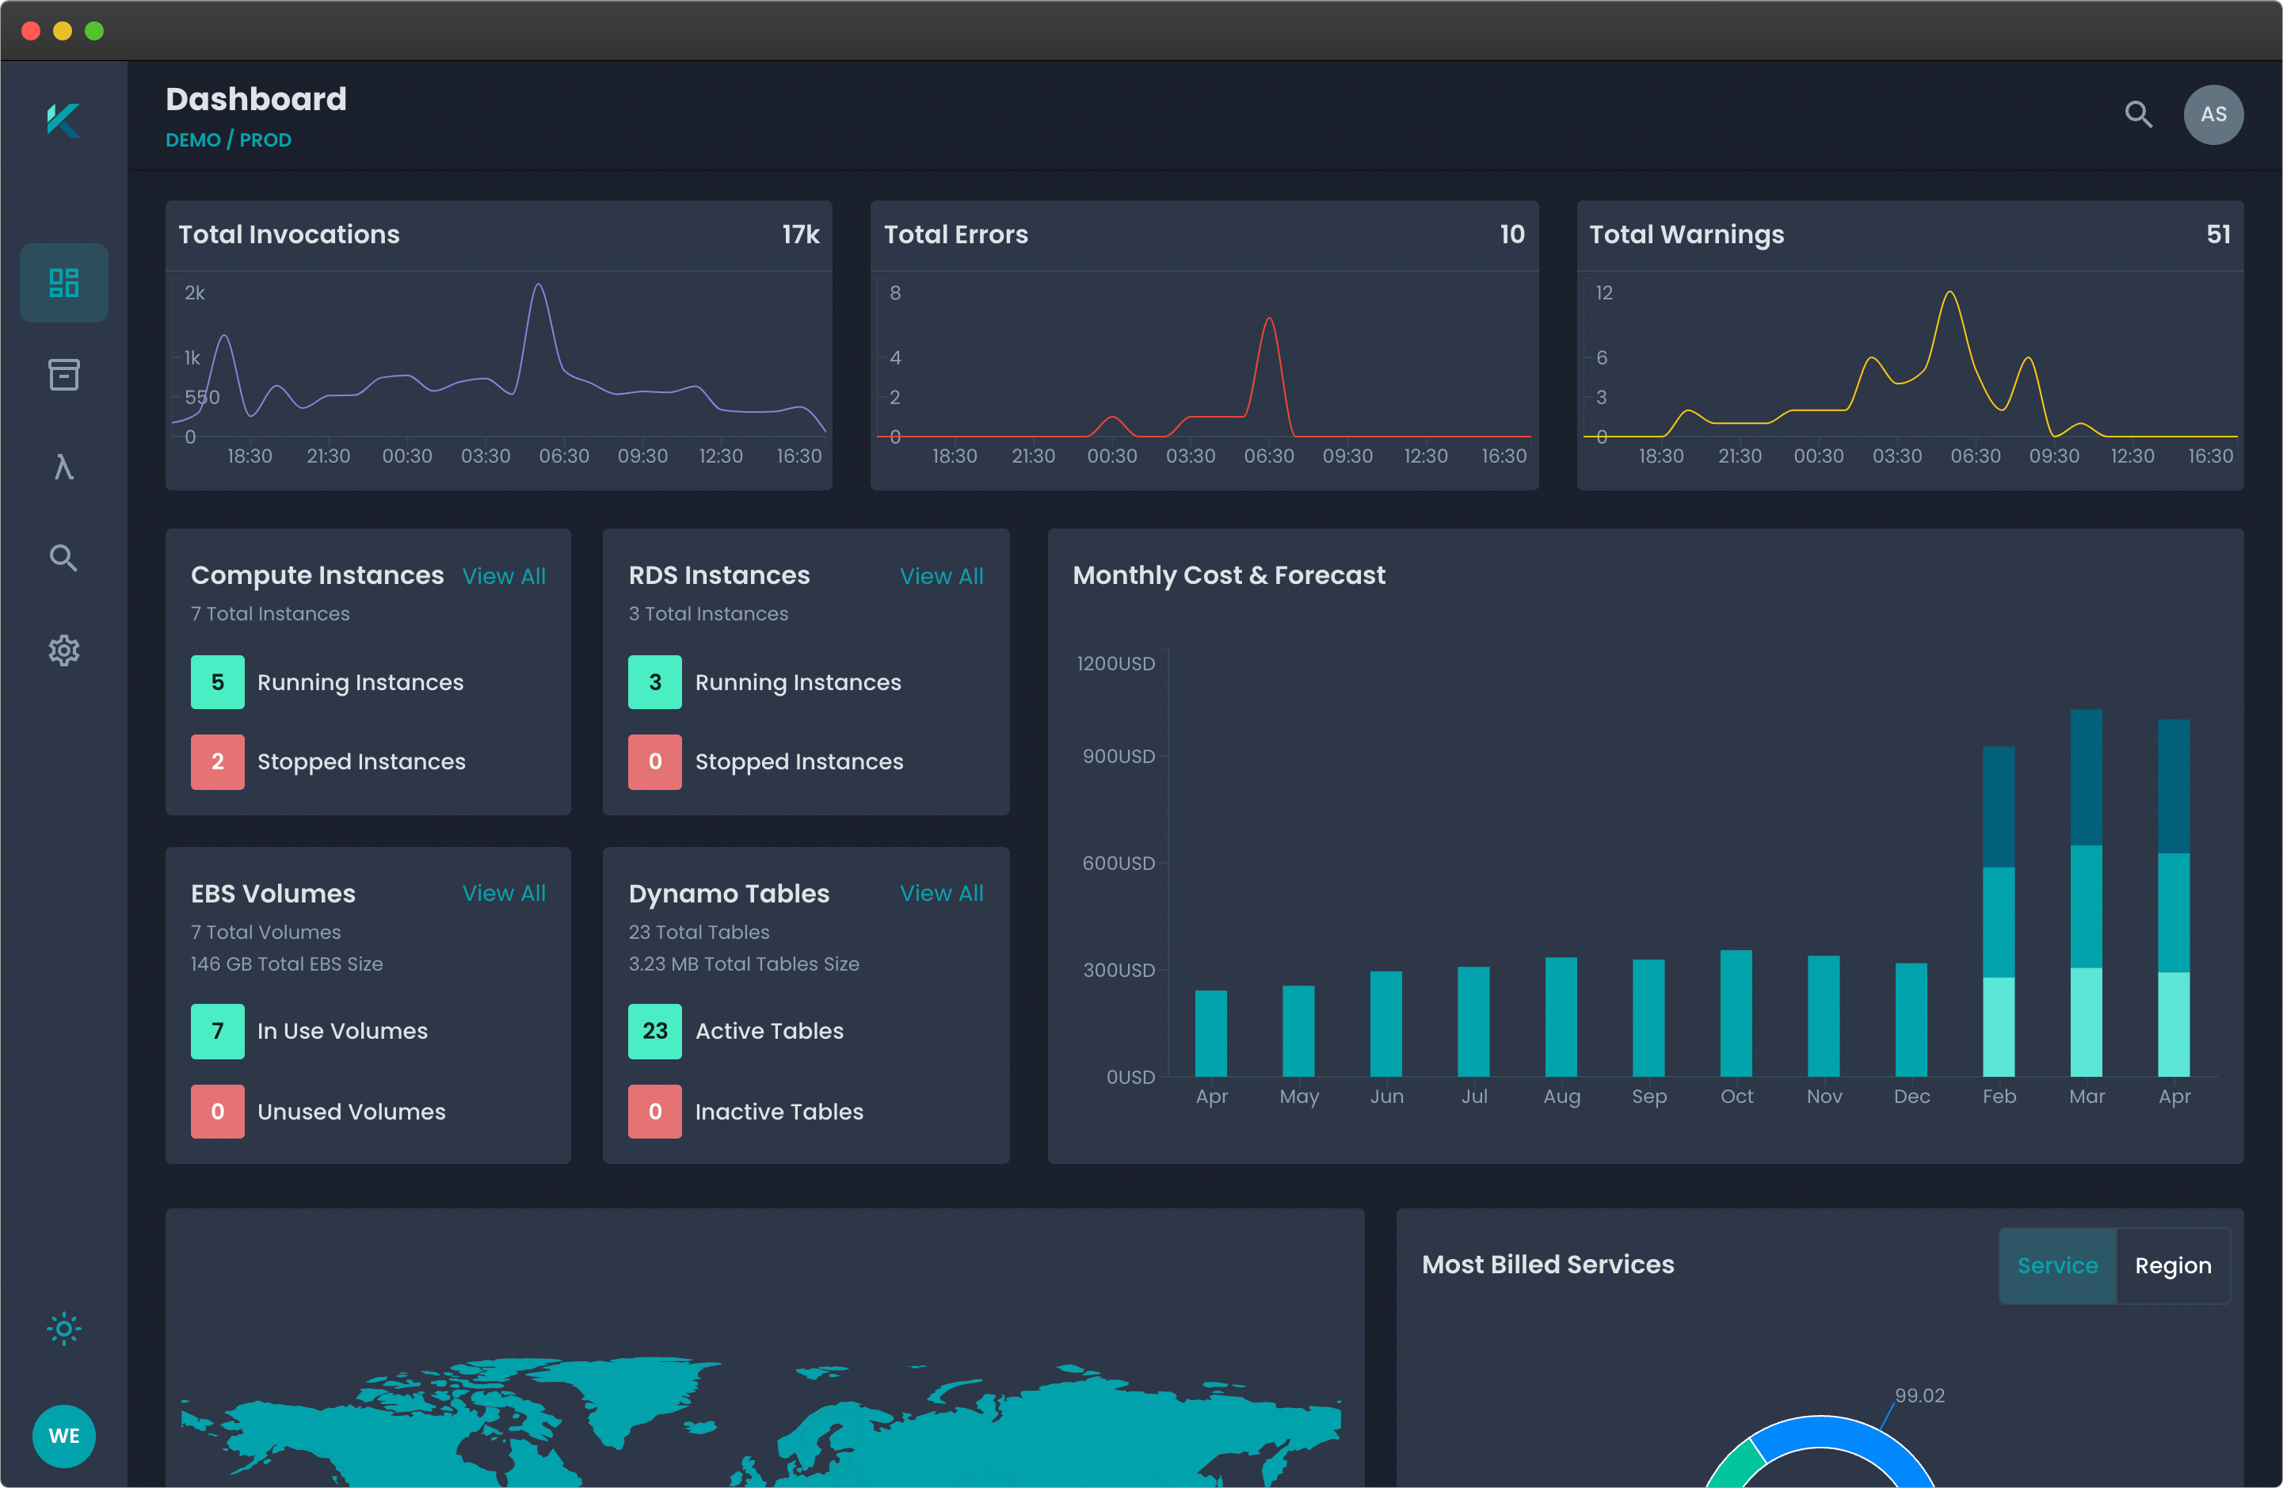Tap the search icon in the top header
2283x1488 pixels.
[x=2137, y=114]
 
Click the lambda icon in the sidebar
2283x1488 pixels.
[x=63, y=467]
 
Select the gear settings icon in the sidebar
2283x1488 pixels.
[x=63, y=651]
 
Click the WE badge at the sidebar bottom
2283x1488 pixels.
[x=63, y=1435]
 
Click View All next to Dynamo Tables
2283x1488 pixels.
[x=941, y=893]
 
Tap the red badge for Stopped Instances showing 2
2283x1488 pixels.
[x=217, y=761]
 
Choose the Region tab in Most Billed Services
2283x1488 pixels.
[x=2173, y=1265]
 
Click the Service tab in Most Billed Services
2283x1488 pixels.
[x=2056, y=1265]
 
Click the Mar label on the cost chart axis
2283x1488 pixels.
[x=2087, y=1097]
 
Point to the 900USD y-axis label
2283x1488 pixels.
[x=1119, y=756]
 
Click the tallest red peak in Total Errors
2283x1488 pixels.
[x=1269, y=320]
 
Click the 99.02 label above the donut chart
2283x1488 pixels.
[x=1919, y=1396]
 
